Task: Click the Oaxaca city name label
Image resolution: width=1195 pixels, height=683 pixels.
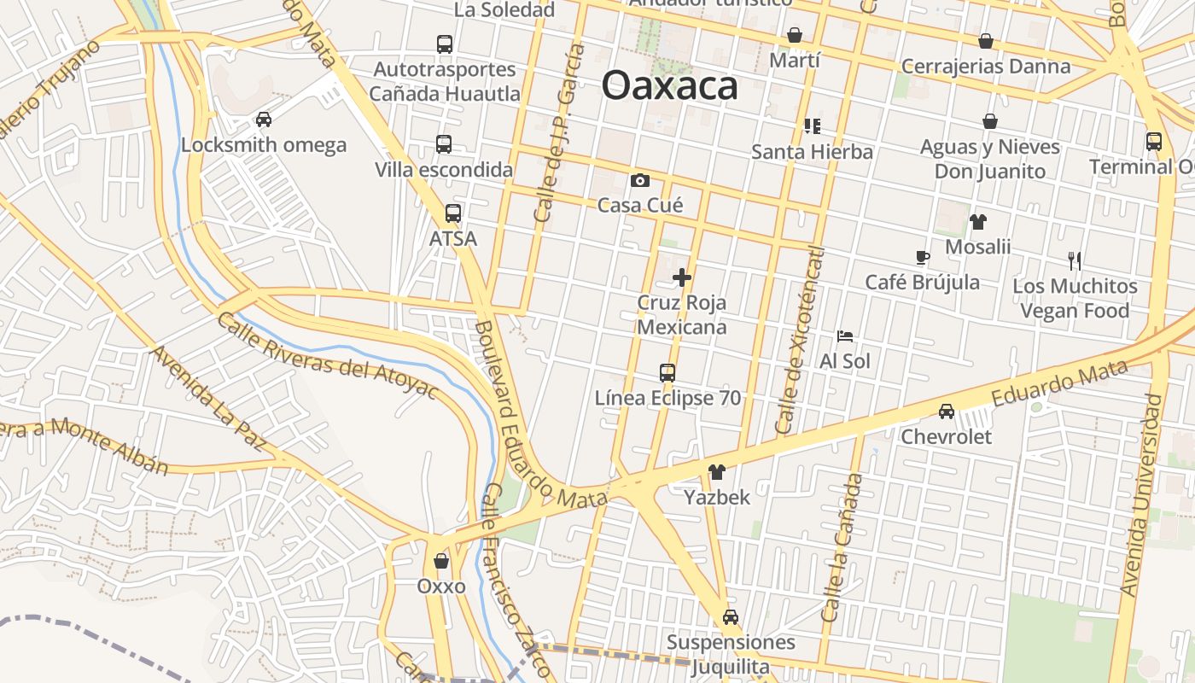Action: [x=670, y=86]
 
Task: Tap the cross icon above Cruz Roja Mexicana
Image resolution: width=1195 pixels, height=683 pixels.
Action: [x=682, y=277]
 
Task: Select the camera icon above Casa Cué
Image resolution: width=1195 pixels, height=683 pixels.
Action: [x=639, y=180]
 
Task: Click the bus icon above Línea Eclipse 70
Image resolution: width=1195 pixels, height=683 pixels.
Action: [x=667, y=373]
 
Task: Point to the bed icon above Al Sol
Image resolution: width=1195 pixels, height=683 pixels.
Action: [x=845, y=336]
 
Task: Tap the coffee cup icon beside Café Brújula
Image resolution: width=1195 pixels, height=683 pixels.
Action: [x=922, y=257]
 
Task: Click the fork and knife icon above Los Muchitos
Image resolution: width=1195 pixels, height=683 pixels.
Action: [x=1075, y=260]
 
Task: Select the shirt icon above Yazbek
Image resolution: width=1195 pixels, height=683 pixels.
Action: [x=716, y=472]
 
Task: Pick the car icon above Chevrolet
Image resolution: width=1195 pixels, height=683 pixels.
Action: [x=947, y=412]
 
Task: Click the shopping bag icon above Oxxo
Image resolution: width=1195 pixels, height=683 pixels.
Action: [x=441, y=561]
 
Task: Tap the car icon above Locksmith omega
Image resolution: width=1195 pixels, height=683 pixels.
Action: [x=264, y=120]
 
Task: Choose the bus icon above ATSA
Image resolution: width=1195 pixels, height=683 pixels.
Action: [x=452, y=213]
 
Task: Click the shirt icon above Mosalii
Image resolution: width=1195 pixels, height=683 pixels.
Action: [x=978, y=222]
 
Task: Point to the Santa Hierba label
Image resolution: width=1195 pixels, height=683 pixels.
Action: [x=812, y=152]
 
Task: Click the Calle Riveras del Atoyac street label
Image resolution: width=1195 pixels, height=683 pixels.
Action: [x=327, y=356]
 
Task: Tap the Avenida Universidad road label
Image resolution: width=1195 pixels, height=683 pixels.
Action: [x=1142, y=495]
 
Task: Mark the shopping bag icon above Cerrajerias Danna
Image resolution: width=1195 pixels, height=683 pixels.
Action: [x=986, y=41]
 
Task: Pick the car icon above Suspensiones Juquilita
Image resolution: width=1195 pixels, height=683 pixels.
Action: [x=731, y=617]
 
